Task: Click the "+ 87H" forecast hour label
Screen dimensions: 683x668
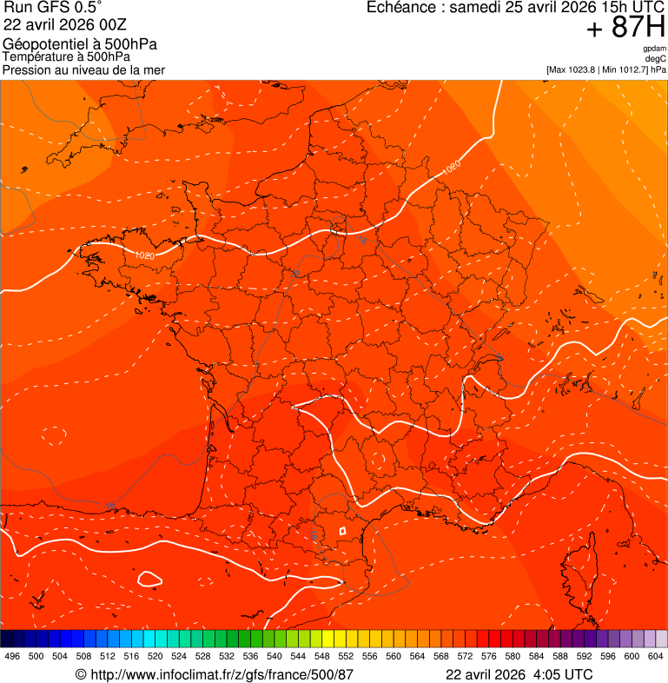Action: point(625,28)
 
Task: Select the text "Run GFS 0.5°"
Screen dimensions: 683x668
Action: point(52,8)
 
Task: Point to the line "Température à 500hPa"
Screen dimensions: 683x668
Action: point(66,57)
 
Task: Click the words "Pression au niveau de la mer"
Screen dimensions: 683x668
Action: point(83,70)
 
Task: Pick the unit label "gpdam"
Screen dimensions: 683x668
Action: point(654,49)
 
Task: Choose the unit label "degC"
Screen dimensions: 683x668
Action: point(656,58)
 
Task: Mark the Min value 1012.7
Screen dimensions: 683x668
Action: point(633,70)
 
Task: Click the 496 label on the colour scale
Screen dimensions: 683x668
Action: point(12,657)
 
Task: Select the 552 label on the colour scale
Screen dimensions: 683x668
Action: point(345,657)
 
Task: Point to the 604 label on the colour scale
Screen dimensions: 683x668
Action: point(656,657)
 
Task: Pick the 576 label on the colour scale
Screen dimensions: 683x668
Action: point(488,657)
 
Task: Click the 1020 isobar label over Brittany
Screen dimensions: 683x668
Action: point(144,255)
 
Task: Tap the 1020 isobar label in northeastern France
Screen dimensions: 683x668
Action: point(453,166)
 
